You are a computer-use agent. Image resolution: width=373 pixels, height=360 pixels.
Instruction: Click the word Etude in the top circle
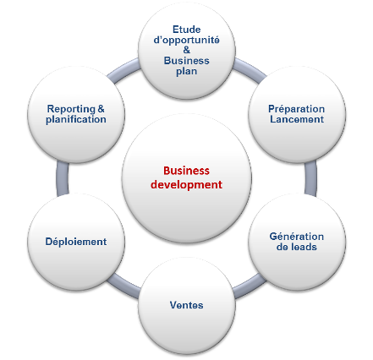coord(186,30)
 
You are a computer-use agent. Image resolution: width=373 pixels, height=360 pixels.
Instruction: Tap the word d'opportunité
coord(186,41)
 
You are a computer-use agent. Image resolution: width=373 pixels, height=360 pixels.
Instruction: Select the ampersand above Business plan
coord(187,50)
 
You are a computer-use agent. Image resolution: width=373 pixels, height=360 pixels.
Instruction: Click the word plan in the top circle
coord(186,71)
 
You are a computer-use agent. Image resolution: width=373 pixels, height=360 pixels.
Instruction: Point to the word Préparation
coord(296,109)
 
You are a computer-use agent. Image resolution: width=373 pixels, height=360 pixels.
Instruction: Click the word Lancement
coord(297,119)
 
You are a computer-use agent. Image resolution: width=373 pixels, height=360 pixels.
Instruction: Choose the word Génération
coord(297,237)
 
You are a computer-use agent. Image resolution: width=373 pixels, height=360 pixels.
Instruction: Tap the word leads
coord(303,247)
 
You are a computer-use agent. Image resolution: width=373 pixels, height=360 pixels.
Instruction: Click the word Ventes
coord(186,305)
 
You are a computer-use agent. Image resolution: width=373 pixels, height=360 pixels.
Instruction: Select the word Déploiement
coord(76,242)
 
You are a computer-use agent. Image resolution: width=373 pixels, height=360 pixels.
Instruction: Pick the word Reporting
coord(71,109)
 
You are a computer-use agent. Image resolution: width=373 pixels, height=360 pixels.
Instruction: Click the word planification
coord(76,119)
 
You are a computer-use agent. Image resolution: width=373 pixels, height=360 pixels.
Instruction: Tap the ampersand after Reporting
coord(101,108)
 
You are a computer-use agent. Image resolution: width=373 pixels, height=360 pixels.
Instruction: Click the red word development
coord(186,185)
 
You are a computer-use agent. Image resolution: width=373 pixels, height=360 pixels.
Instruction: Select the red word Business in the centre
coord(186,171)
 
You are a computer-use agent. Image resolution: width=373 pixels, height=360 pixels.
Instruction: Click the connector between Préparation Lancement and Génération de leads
coord(310,178)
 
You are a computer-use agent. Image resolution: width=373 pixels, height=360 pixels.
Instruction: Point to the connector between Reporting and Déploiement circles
coord(63,178)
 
